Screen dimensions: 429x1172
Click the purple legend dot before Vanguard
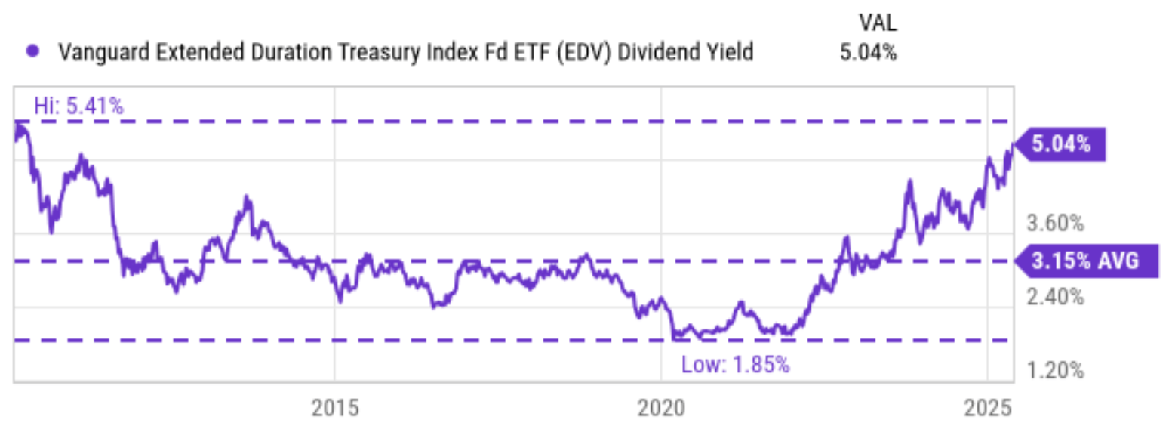pyautogui.click(x=32, y=52)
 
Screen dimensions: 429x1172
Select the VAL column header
pyautogui.click(x=878, y=23)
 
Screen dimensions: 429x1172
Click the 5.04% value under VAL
pyautogui.click(x=869, y=52)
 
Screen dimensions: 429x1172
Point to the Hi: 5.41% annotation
pyautogui.click(x=78, y=106)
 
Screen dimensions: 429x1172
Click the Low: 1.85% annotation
pyautogui.click(x=735, y=365)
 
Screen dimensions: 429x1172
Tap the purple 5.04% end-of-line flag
pyautogui.click(x=1060, y=145)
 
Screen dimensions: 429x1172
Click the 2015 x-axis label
pyautogui.click(x=337, y=408)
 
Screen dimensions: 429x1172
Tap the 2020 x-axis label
pyautogui.click(x=661, y=408)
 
